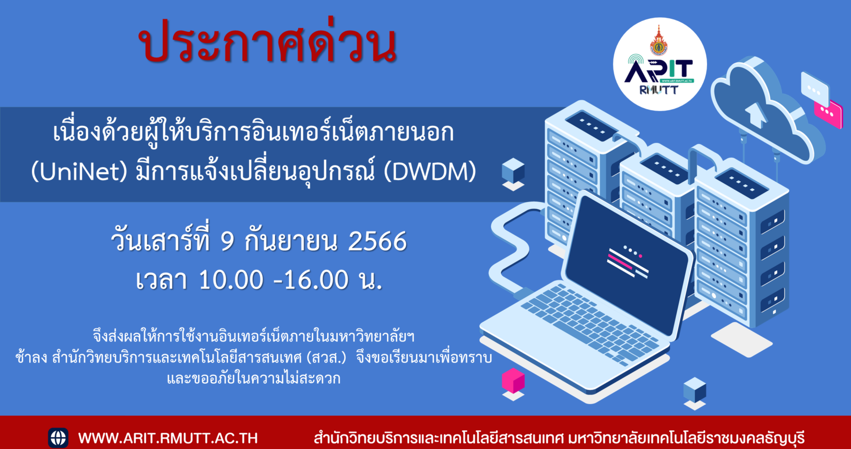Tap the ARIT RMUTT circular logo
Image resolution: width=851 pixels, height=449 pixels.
[660, 64]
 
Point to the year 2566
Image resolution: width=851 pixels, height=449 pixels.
[377, 241]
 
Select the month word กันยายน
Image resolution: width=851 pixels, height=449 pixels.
[291, 241]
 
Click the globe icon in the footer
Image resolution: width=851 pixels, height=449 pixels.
[58, 438]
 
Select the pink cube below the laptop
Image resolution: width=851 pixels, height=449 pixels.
[513, 381]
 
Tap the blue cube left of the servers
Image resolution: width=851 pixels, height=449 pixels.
[513, 171]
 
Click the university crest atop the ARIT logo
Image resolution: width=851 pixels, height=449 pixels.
[659, 42]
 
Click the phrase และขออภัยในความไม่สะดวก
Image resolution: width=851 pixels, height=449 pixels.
[254, 379]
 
